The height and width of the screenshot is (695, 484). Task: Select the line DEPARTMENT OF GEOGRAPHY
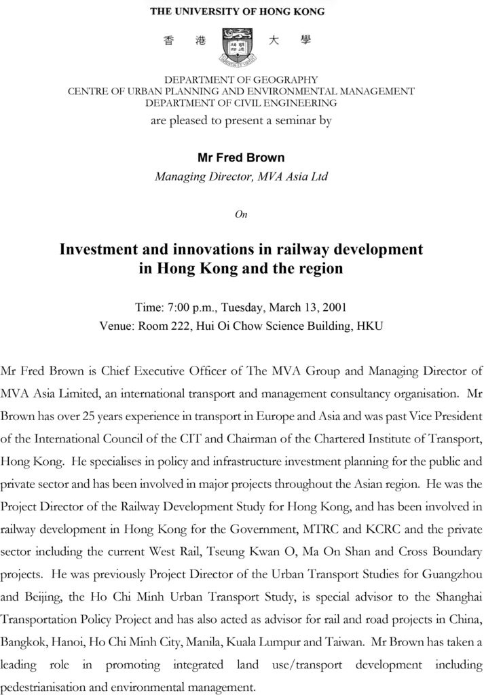[x=242, y=79]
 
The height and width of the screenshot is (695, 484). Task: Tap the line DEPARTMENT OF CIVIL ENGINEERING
[x=242, y=103]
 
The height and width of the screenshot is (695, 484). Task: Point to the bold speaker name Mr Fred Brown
[x=241, y=157]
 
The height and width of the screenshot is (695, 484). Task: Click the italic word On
[x=241, y=214]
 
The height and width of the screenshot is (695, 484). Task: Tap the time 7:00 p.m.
[x=187, y=306]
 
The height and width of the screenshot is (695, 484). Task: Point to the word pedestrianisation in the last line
[x=43, y=685]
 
